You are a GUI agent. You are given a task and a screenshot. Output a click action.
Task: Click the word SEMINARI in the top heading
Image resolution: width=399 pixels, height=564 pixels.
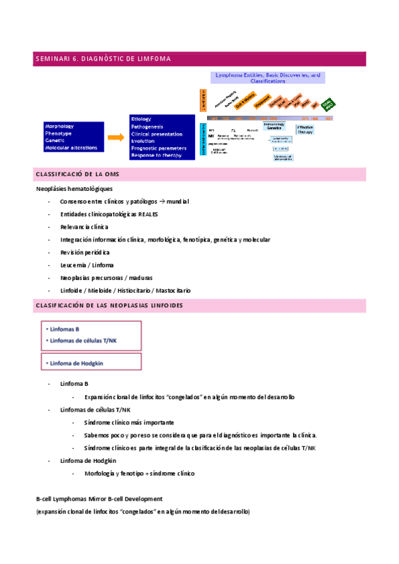51,59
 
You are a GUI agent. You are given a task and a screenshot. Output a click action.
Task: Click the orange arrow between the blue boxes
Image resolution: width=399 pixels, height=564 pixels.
115,137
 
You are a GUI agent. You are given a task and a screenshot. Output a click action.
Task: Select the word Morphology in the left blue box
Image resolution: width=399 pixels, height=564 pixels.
59,126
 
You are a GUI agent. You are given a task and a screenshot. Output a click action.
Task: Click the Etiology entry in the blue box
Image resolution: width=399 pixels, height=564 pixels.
141,118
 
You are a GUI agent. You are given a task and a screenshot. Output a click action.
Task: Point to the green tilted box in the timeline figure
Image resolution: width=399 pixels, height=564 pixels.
327,105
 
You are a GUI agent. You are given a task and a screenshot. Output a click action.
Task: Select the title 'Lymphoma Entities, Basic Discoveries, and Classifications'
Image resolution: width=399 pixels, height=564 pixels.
267,78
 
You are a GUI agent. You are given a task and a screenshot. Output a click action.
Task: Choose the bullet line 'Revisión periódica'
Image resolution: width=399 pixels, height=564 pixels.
85,253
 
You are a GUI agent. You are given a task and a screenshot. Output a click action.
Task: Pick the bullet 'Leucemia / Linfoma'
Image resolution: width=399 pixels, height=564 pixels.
87,265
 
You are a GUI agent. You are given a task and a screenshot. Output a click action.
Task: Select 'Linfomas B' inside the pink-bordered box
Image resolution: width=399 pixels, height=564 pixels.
65,329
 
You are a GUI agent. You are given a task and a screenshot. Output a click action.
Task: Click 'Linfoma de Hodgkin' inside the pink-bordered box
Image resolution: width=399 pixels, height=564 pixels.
79,362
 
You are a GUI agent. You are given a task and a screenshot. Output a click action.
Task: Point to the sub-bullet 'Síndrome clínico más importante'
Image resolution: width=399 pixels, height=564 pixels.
129,422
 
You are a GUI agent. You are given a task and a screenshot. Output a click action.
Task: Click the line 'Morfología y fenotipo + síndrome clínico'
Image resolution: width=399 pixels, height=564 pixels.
139,473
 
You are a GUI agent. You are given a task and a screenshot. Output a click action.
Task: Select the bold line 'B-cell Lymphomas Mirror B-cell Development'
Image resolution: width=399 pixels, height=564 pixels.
99,499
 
